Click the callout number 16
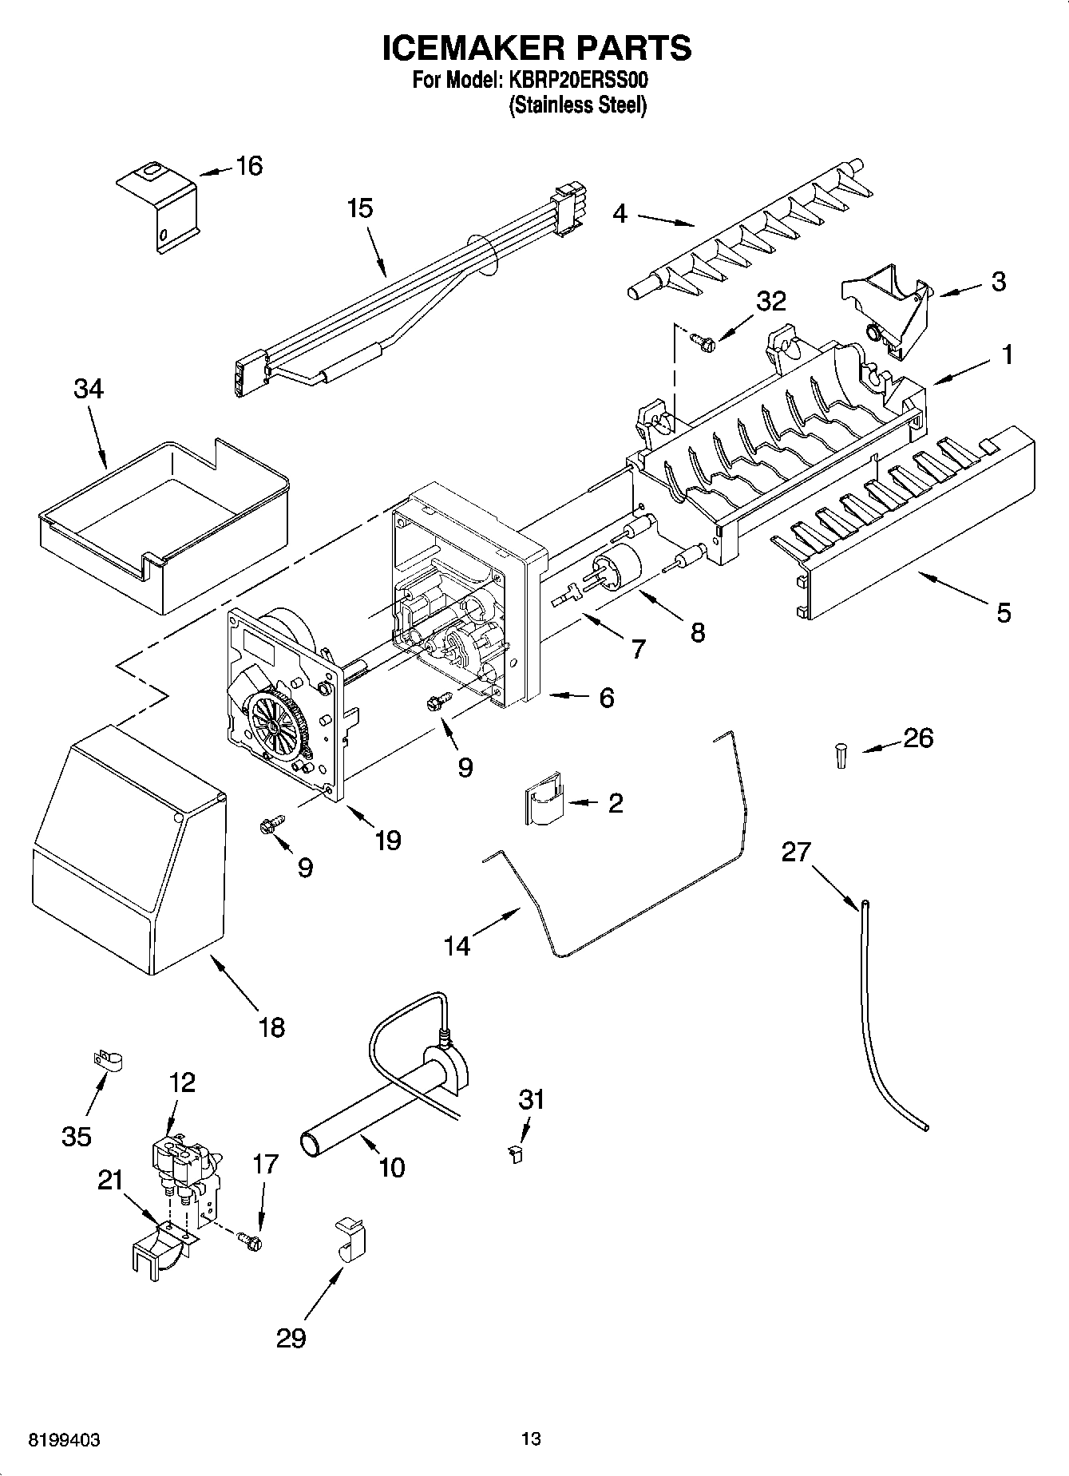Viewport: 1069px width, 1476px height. [x=249, y=167]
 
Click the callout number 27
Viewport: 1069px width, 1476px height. [x=795, y=853]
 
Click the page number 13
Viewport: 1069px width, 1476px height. [x=531, y=1439]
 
